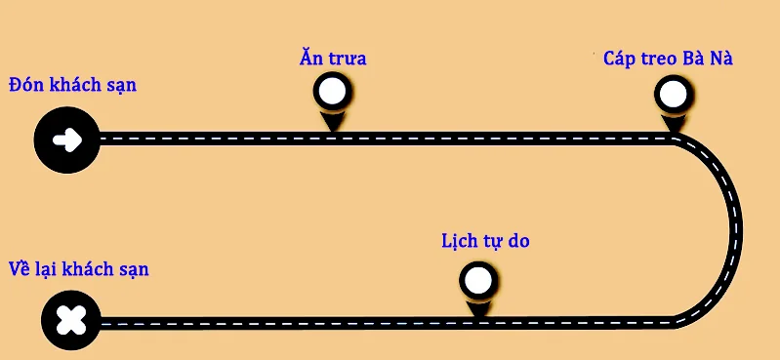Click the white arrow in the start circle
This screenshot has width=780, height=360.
[x=67, y=140]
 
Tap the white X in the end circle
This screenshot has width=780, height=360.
[x=71, y=320]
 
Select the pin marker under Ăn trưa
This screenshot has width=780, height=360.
[x=332, y=101]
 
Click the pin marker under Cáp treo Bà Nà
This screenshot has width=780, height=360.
[x=674, y=104]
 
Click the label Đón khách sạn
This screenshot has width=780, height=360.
[x=72, y=85]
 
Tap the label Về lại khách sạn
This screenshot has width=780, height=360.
[x=79, y=269]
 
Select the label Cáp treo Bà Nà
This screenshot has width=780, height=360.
[x=668, y=59]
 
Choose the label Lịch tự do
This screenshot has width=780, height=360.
[x=485, y=241]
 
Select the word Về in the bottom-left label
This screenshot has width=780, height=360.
[x=21, y=268]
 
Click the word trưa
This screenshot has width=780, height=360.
[x=348, y=59]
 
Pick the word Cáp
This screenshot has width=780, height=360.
[x=619, y=59]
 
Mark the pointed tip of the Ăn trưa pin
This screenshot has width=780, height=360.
[x=332, y=132]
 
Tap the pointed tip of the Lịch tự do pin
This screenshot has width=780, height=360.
[x=478, y=317]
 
